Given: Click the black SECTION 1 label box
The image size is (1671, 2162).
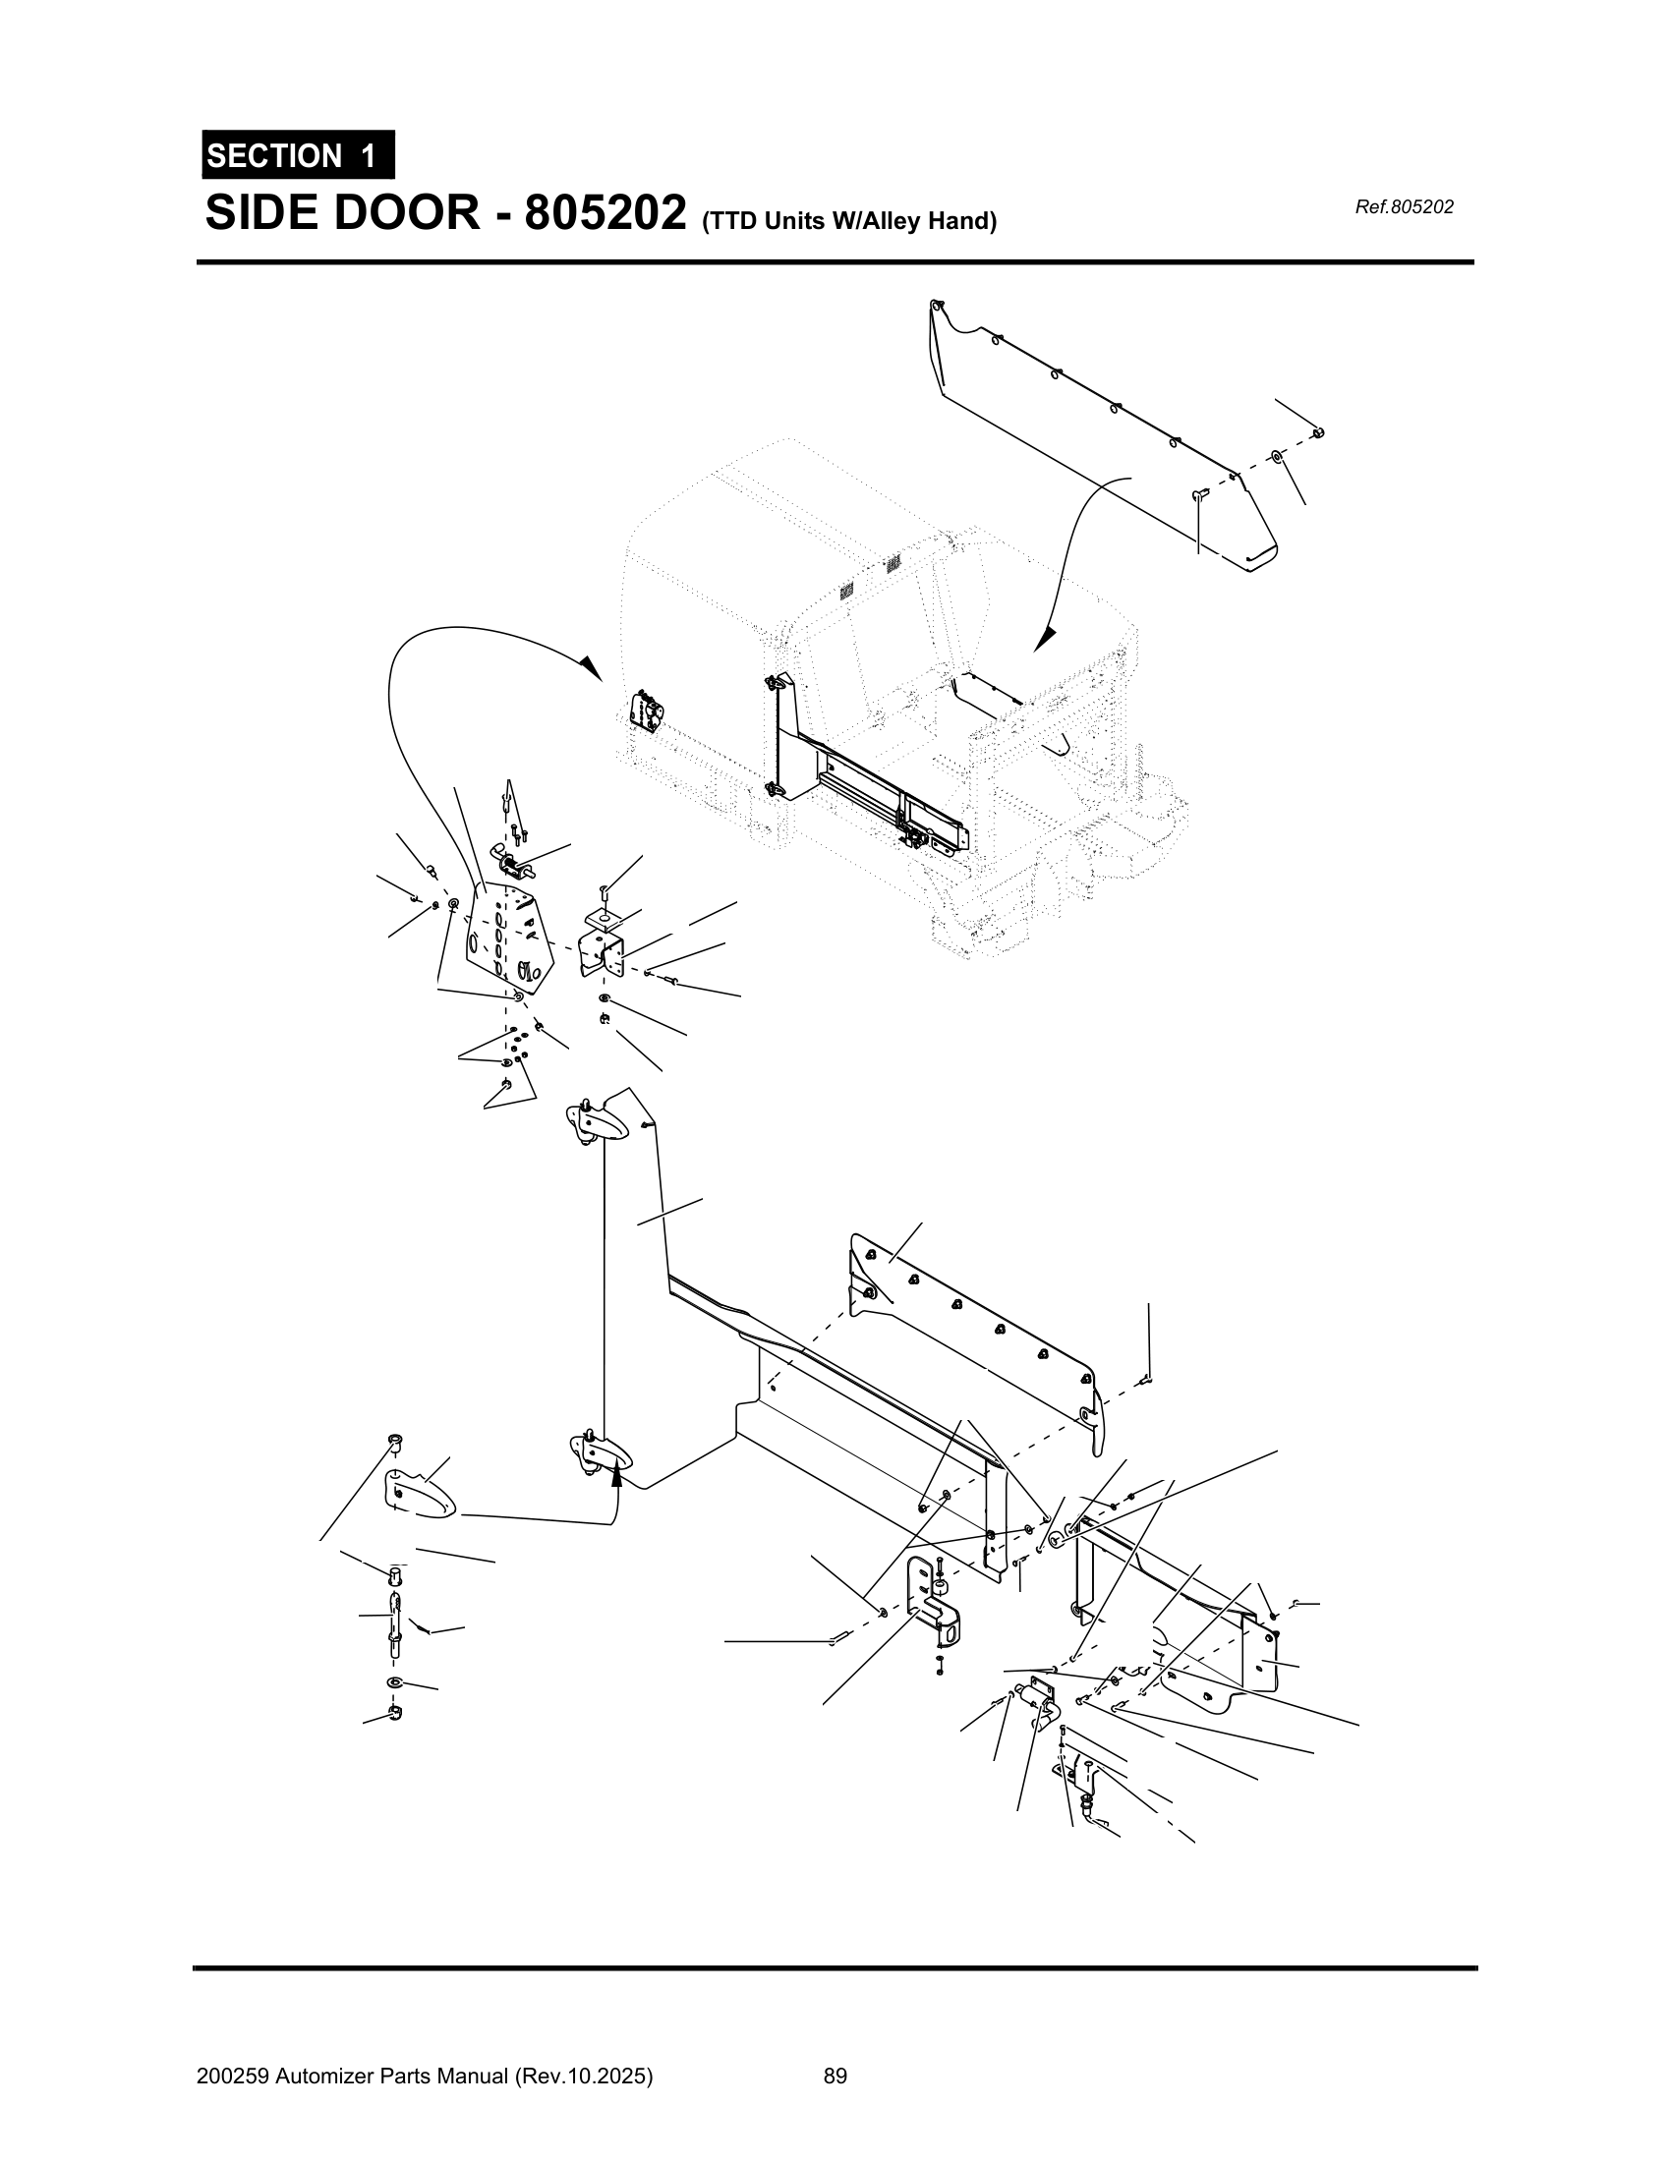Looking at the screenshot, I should (x=298, y=155).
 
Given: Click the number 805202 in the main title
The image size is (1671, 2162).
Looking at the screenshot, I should (x=605, y=213).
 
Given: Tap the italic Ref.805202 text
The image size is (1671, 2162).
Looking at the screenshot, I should (x=1403, y=207).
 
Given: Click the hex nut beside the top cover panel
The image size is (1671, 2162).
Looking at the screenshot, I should (x=1317, y=432).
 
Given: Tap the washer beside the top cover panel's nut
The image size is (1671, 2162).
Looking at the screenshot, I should (x=1277, y=456).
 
